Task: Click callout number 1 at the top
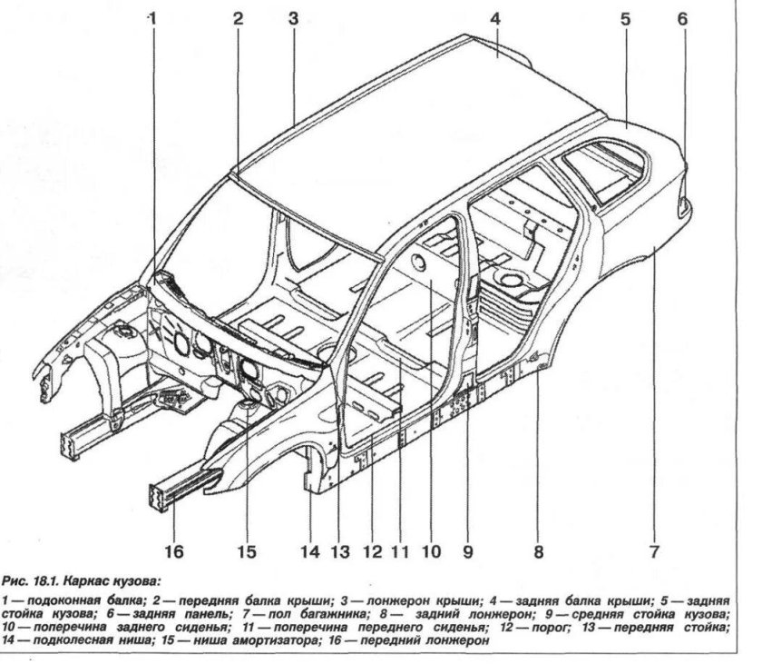(x=152, y=17)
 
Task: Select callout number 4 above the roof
(x=494, y=17)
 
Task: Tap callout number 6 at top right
(x=682, y=17)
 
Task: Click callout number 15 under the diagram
(x=246, y=550)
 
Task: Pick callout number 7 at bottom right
(x=653, y=550)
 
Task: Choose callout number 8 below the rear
(x=538, y=550)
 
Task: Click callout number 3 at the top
(x=293, y=17)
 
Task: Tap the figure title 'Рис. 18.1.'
(x=28, y=579)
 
